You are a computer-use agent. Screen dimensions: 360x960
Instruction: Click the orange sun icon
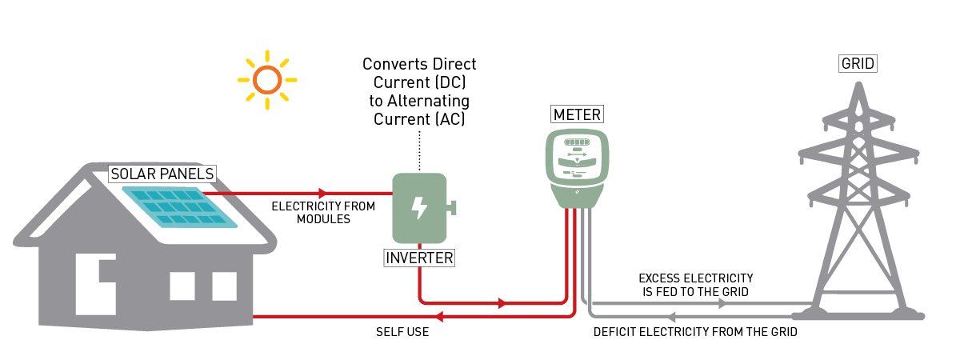tap(267, 80)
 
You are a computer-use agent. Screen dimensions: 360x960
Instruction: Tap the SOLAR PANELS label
tap(162, 174)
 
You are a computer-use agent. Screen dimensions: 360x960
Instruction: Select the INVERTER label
tap(419, 258)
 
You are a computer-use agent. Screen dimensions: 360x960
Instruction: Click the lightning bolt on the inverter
tap(418, 208)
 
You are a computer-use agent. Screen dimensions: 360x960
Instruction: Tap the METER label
tap(577, 115)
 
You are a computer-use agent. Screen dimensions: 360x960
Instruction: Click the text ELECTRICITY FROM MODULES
tap(323, 212)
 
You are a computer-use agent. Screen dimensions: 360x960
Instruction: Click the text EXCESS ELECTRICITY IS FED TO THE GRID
tap(696, 285)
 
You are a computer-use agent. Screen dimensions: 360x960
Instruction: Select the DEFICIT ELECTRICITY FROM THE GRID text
tap(695, 330)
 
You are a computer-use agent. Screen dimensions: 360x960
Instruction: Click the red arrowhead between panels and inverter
tap(322, 193)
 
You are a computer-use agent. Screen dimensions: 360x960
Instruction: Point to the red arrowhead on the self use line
tap(439, 317)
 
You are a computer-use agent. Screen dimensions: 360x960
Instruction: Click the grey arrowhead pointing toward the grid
tap(722, 304)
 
